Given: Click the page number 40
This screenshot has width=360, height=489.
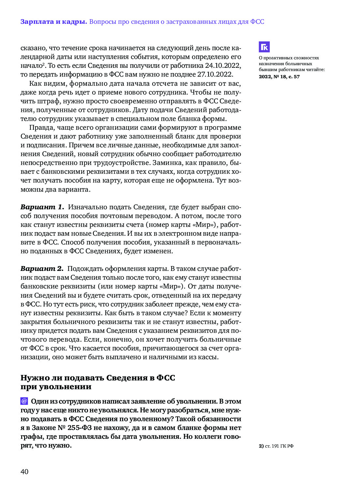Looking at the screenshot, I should (x=24, y=471).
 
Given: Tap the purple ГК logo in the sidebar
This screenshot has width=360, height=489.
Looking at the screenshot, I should (x=264, y=47).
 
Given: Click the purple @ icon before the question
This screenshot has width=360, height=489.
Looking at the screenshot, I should (x=24, y=401).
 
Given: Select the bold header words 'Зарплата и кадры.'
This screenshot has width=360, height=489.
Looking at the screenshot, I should (x=53, y=22).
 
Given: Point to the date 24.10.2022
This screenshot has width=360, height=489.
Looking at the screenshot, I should (x=223, y=66).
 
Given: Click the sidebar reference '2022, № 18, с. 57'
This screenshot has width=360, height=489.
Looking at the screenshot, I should (x=279, y=77).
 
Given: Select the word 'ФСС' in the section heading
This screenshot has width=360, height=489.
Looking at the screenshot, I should (x=166, y=378).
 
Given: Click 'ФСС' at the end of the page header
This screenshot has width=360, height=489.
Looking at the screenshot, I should (x=257, y=22).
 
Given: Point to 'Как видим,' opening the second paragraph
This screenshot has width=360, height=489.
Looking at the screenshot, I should (x=48, y=83).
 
